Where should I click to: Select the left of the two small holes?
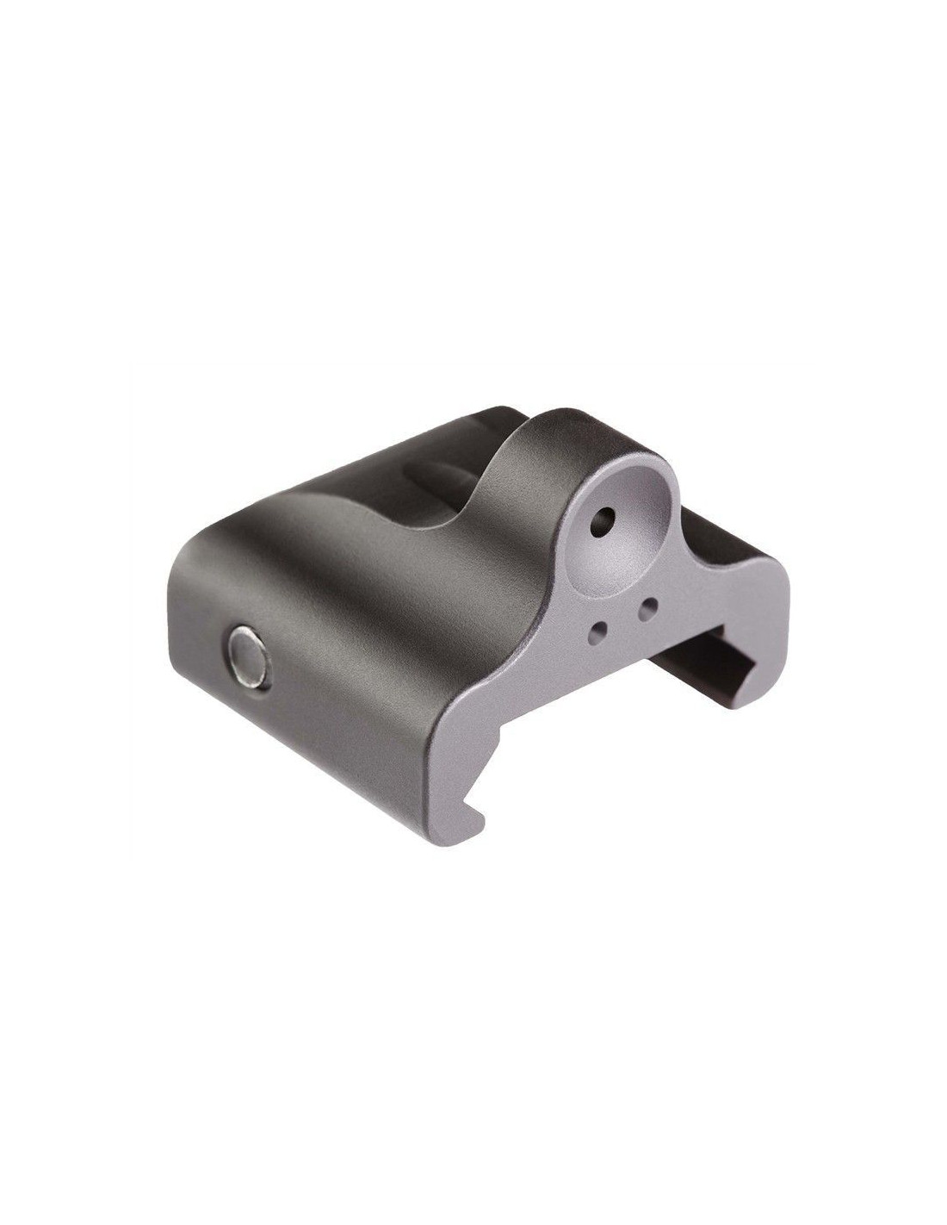[x=597, y=632]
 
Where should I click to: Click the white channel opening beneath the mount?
[x=620, y=758]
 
